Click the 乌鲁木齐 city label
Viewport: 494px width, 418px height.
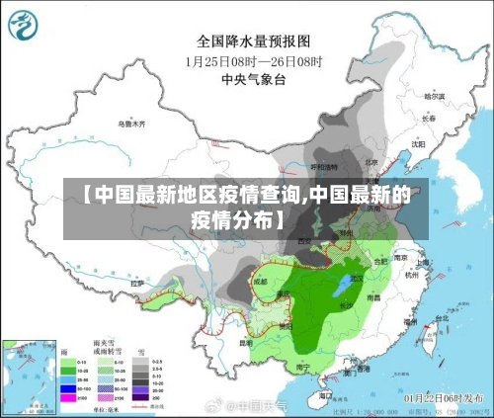coord(131,125)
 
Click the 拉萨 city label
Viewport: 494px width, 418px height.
coord(137,284)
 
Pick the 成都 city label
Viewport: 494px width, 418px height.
coord(259,282)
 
